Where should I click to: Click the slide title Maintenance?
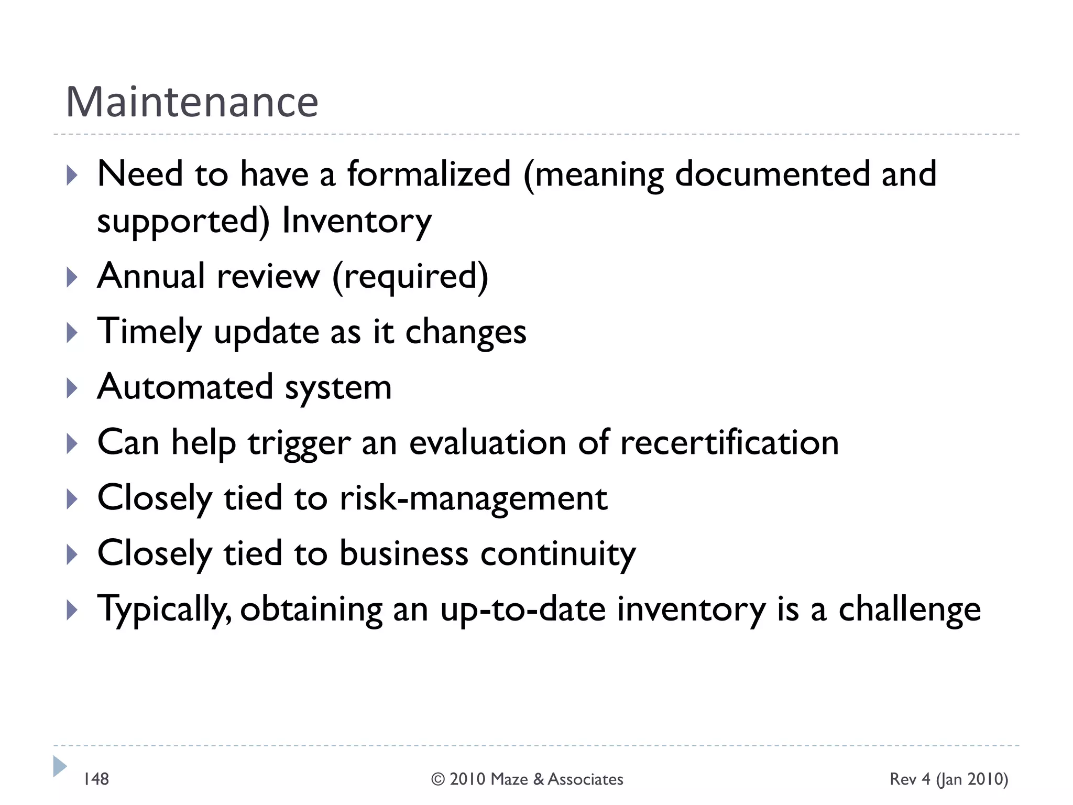[x=192, y=102]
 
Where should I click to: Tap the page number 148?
[x=96, y=779]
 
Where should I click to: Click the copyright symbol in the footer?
[x=438, y=780]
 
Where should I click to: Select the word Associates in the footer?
[x=586, y=780]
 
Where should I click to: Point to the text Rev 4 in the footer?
[x=910, y=779]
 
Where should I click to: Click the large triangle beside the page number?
[x=60, y=766]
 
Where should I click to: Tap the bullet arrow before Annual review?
[x=72, y=277]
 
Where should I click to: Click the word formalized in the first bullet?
[x=429, y=174]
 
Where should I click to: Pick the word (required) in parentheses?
[x=410, y=277]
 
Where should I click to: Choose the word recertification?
[x=729, y=443]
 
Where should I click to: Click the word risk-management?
[x=474, y=498]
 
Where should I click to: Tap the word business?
[x=403, y=553]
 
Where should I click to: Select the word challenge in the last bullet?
[x=910, y=610]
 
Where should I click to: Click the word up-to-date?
[x=523, y=610]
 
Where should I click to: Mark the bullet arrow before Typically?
[x=72, y=610]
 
